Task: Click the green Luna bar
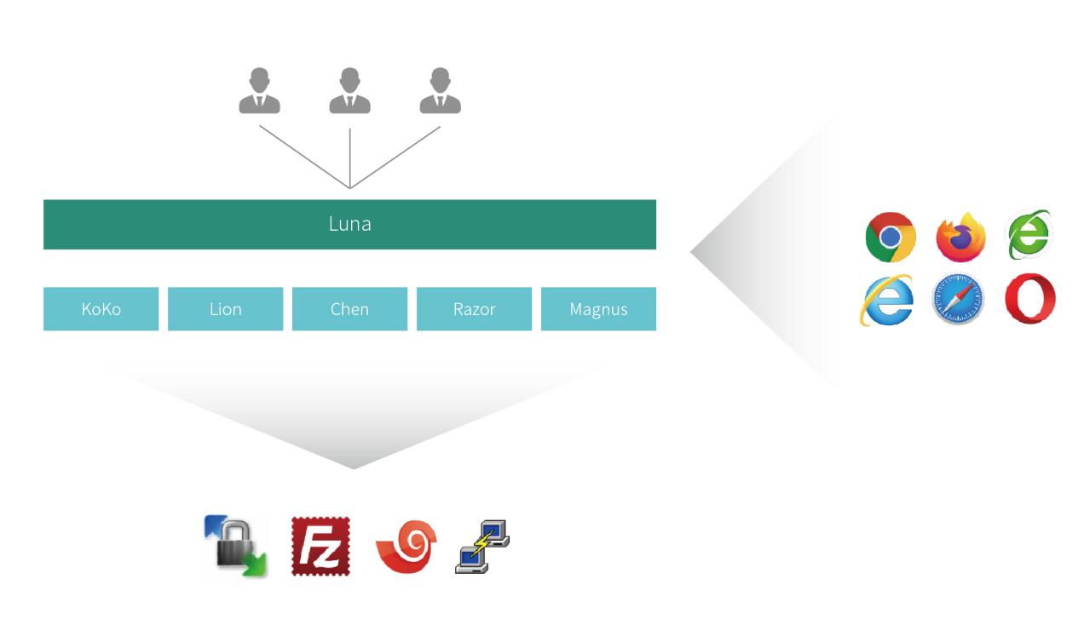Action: (349, 225)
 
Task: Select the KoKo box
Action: (101, 309)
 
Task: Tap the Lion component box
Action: (225, 309)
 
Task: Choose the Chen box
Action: (349, 309)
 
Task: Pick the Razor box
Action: (474, 309)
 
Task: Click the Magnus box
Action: (598, 309)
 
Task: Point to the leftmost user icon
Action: (259, 92)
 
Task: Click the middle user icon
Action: (349, 92)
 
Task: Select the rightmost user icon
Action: (440, 92)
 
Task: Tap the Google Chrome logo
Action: (890, 237)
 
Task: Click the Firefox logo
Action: (960, 237)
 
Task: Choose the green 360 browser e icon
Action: (1029, 235)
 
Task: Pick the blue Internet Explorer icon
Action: (887, 300)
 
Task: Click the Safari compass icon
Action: (958, 299)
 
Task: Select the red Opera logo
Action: (1029, 299)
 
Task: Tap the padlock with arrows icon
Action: (236, 546)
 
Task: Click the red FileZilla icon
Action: (320, 546)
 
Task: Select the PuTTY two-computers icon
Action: (482, 546)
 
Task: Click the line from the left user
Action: (304, 157)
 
